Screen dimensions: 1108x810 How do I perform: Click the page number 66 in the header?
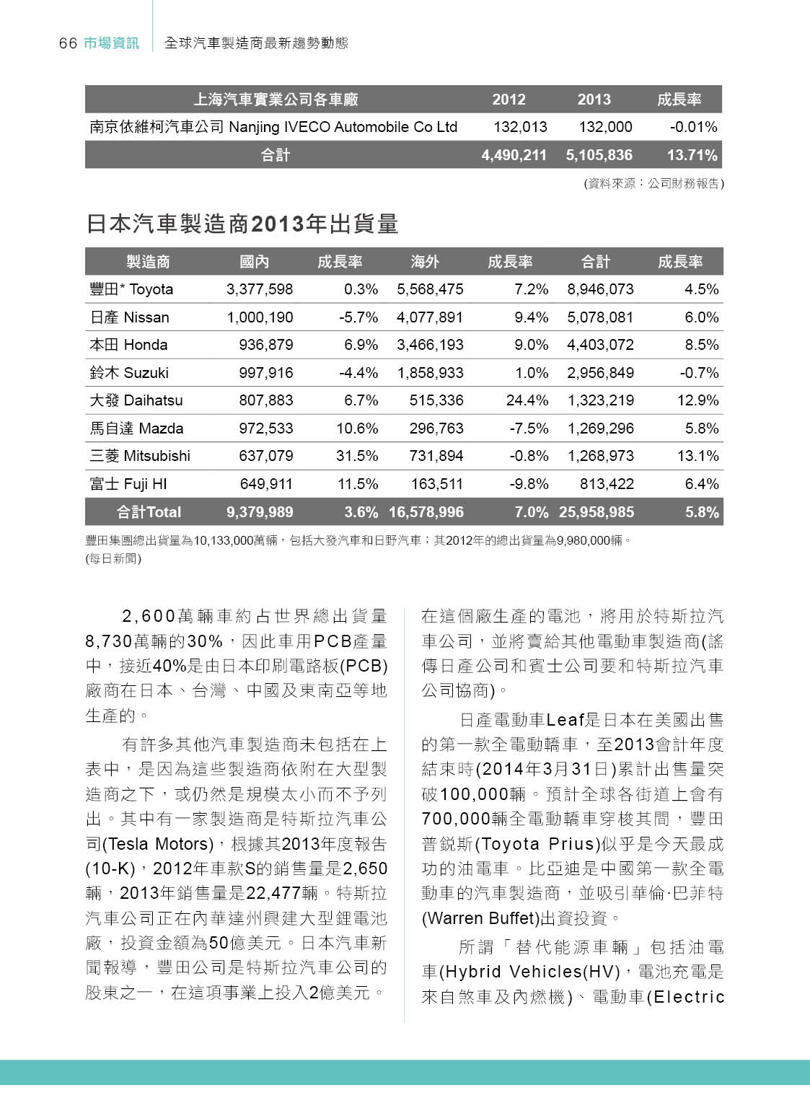click(68, 43)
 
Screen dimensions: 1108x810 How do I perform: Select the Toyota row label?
click(131, 289)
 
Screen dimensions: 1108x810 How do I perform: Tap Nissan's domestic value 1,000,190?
click(260, 317)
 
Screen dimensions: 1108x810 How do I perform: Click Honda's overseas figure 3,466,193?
click(430, 345)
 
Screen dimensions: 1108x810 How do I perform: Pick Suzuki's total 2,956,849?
click(600, 373)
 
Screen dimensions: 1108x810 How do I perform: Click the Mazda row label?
click(136, 428)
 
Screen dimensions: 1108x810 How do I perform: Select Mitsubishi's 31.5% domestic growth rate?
click(357, 456)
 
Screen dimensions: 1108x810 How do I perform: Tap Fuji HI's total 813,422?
click(607, 484)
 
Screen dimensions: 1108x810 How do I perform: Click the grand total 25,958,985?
click(597, 512)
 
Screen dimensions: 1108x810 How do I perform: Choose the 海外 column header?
click(425, 262)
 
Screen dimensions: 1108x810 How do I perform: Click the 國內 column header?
click(254, 262)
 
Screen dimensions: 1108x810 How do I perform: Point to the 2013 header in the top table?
click(594, 100)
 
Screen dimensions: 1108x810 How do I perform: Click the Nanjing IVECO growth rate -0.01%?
click(693, 127)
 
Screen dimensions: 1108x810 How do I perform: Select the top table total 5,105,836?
click(599, 155)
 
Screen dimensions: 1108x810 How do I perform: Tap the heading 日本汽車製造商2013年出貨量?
click(242, 224)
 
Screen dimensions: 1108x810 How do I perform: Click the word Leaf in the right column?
click(565, 720)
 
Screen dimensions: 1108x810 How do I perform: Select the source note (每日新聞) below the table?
click(113, 558)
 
